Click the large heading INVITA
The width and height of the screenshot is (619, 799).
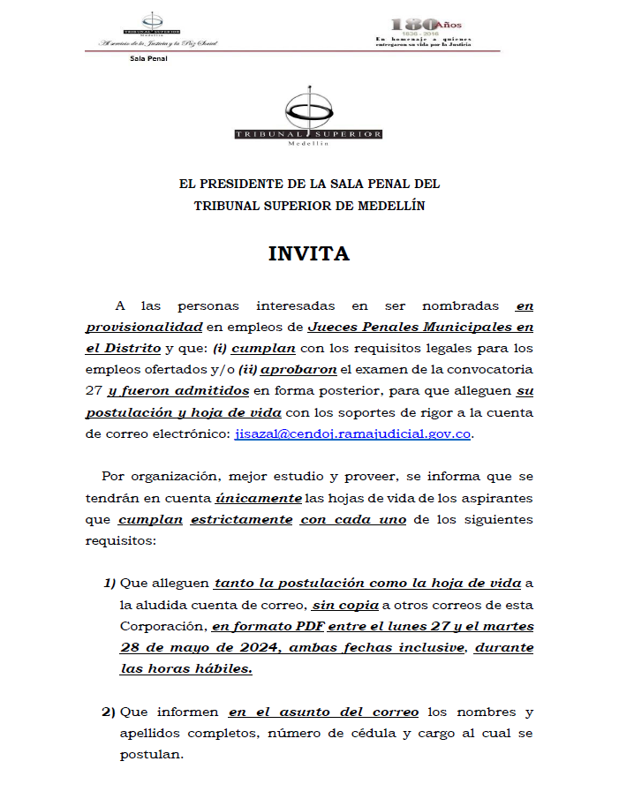tap(309, 254)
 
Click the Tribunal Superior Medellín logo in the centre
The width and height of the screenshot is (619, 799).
tap(308, 118)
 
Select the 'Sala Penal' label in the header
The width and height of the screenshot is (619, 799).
tap(147, 59)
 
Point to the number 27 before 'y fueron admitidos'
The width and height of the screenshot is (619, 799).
tap(94, 391)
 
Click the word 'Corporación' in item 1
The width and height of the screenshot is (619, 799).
tap(161, 627)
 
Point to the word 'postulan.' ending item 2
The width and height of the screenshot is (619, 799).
tap(152, 756)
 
